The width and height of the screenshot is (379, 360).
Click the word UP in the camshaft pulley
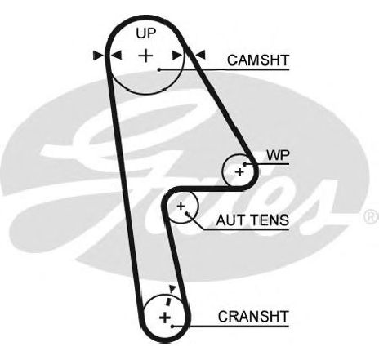[x=146, y=33]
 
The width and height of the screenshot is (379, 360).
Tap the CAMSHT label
[x=258, y=60]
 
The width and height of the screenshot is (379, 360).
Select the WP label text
[x=278, y=156]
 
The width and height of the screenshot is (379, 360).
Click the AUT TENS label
[x=252, y=220]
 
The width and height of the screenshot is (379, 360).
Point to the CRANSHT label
[x=253, y=317]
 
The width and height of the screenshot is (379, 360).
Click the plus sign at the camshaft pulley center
[x=146, y=56]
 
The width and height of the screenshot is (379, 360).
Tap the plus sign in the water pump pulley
[x=239, y=172]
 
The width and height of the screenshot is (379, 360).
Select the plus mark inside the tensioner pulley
[x=181, y=206]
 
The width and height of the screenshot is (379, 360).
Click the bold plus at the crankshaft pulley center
[x=165, y=318]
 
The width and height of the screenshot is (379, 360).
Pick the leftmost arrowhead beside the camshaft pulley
[x=98, y=56]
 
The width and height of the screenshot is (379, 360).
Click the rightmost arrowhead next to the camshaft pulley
[x=200, y=56]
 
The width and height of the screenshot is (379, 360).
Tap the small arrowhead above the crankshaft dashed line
[x=172, y=288]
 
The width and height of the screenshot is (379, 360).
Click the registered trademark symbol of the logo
[x=371, y=216]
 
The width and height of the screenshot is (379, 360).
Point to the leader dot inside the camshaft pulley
[x=159, y=70]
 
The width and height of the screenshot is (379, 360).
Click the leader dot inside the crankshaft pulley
[x=172, y=326]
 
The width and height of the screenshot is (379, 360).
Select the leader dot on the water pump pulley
[x=245, y=164]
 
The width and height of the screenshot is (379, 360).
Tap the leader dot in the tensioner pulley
[x=187, y=213]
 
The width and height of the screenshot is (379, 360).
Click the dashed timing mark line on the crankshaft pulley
[x=169, y=301]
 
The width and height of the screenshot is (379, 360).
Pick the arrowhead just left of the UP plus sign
[x=116, y=56]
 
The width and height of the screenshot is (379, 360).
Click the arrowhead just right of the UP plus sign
[x=177, y=56]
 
